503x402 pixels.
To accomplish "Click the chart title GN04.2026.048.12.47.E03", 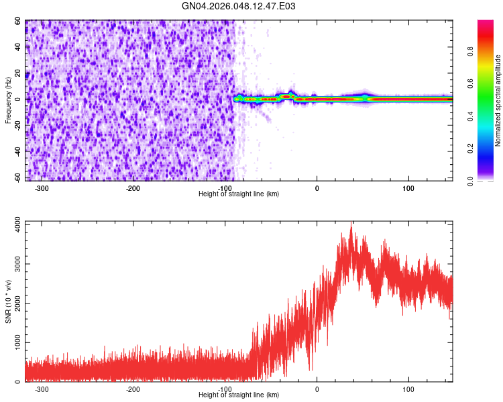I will tap(239, 7).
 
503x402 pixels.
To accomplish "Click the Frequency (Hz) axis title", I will tap(9, 100).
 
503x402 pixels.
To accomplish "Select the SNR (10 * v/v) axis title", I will tap(9, 301).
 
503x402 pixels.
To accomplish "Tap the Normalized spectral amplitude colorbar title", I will tap(498, 100).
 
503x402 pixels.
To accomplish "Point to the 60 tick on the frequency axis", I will tap(17, 21).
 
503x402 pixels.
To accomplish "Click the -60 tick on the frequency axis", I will tap(16, 178).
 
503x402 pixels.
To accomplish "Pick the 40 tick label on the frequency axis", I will tap(17, 47).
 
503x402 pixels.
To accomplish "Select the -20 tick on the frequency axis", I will tap(16, 125).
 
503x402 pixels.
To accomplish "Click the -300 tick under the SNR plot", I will tap(41, 389).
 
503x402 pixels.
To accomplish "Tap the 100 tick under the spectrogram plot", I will tap(408, 188).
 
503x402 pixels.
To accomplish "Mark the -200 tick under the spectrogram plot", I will tap(133, 188).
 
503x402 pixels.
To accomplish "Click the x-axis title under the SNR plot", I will tap(239, 395).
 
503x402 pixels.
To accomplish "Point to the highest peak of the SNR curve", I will tap(351, 226).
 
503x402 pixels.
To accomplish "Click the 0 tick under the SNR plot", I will tap(317, 389).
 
